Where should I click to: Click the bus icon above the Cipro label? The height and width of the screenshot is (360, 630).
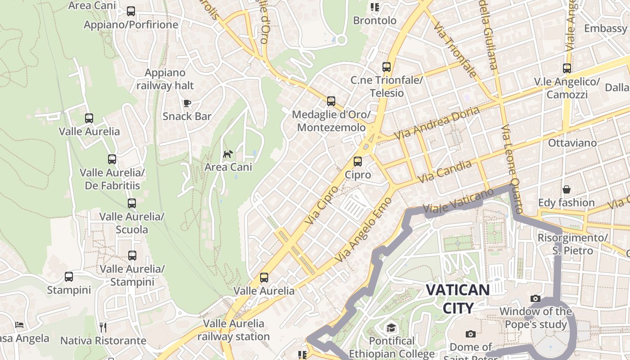[x=358, y=161]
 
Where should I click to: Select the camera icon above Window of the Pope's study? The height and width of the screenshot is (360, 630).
[x=535, y=298]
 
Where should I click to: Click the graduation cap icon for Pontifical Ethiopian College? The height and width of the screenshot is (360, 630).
[x=391, y=328]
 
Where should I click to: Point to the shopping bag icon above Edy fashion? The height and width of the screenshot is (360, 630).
[x=567, y=189]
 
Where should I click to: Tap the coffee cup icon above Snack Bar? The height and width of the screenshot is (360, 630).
[x=187, y=103]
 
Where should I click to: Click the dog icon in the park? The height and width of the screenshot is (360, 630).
[x=228, y=154]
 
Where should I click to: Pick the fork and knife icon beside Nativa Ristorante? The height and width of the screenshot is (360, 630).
[x=103, y=327]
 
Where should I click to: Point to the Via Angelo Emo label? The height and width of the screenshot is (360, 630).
[x=364, y=229]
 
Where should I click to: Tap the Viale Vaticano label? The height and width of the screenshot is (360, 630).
[x=458, y=201]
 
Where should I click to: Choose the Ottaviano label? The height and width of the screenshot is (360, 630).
[x=572, y=143]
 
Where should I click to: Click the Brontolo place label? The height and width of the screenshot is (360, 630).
[x=375, y=21]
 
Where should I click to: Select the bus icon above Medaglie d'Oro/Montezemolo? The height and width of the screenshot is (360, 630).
[x=331, y=101]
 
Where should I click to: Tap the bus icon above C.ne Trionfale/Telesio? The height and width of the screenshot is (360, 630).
[x=387, y=67]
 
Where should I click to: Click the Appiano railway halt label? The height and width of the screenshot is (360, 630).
[x=165, y=79]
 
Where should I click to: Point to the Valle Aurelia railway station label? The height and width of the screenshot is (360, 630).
[x=234, y=330]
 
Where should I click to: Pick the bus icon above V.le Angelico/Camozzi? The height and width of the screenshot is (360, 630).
[x=567, y=68]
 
